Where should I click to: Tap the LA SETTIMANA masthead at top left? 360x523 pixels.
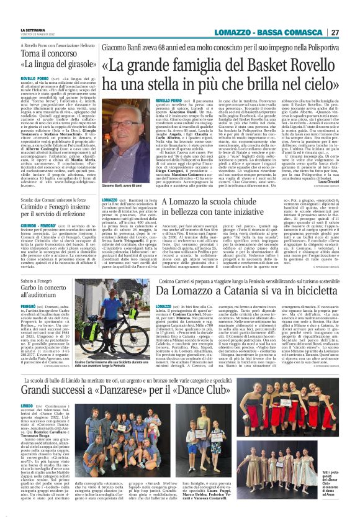tap(32, 29)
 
